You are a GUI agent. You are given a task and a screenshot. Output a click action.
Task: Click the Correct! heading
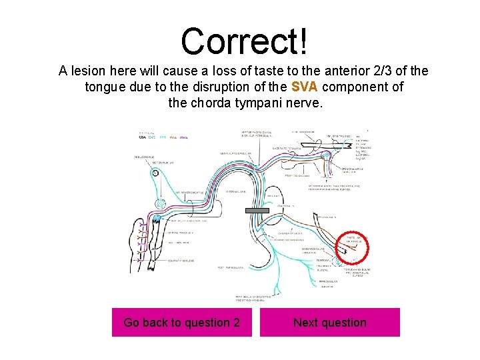coord(244,41)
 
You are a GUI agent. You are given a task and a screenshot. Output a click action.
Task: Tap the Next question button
coord(330,323)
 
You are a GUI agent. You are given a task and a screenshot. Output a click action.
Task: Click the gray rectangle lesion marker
coord(257,211)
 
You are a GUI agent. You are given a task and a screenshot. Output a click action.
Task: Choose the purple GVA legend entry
coord(184,137)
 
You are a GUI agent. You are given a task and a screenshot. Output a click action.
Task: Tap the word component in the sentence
coord(360,87)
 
